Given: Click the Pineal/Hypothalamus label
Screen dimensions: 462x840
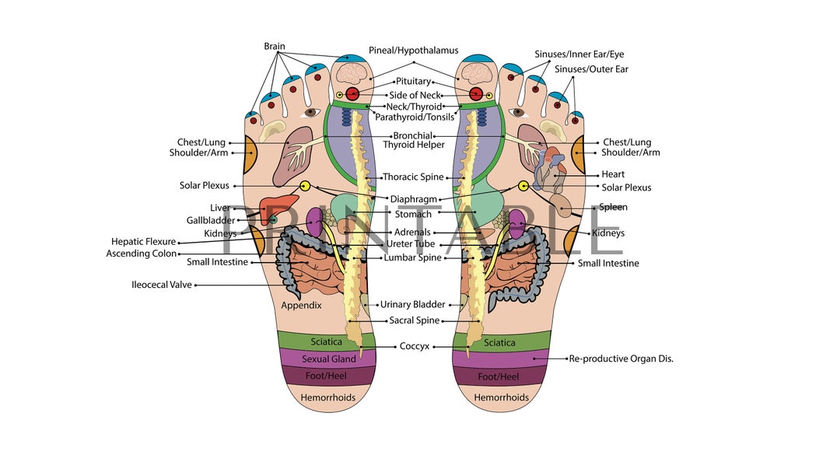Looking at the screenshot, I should (x=413, y=51).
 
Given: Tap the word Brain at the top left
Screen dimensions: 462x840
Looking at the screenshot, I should (x=275, y=47).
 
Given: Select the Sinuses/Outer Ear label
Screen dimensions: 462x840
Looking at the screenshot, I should (x=591, y=69).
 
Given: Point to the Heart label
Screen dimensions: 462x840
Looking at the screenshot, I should (x=613, y=174).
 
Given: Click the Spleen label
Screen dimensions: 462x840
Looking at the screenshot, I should (x=613, y=208).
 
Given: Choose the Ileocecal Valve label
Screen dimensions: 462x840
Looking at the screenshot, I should (x=161, y=285).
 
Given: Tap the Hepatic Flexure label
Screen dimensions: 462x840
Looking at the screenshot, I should (x=143, y=242).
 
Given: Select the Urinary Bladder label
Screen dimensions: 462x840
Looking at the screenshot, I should (x=412, y=305).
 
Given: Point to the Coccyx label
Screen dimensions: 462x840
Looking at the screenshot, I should (x=415, y=346).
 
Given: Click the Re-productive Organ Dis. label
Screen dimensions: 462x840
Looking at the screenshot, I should (x=621, y=359).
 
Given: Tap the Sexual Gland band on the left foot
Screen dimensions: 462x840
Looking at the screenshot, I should (x=329, y=359).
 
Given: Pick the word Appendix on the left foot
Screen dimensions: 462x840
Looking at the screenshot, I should (x=301, y=306).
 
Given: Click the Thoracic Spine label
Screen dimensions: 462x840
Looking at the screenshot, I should (x=413, y=177).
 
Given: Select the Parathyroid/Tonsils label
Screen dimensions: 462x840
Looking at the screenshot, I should (x=415, y=117).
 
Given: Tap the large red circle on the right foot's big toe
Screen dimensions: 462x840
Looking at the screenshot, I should (x=476, y=94).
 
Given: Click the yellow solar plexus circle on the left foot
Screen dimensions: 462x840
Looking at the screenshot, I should (x=305, y=186).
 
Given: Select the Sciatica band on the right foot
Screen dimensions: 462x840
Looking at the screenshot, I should (x=499, y=342).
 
